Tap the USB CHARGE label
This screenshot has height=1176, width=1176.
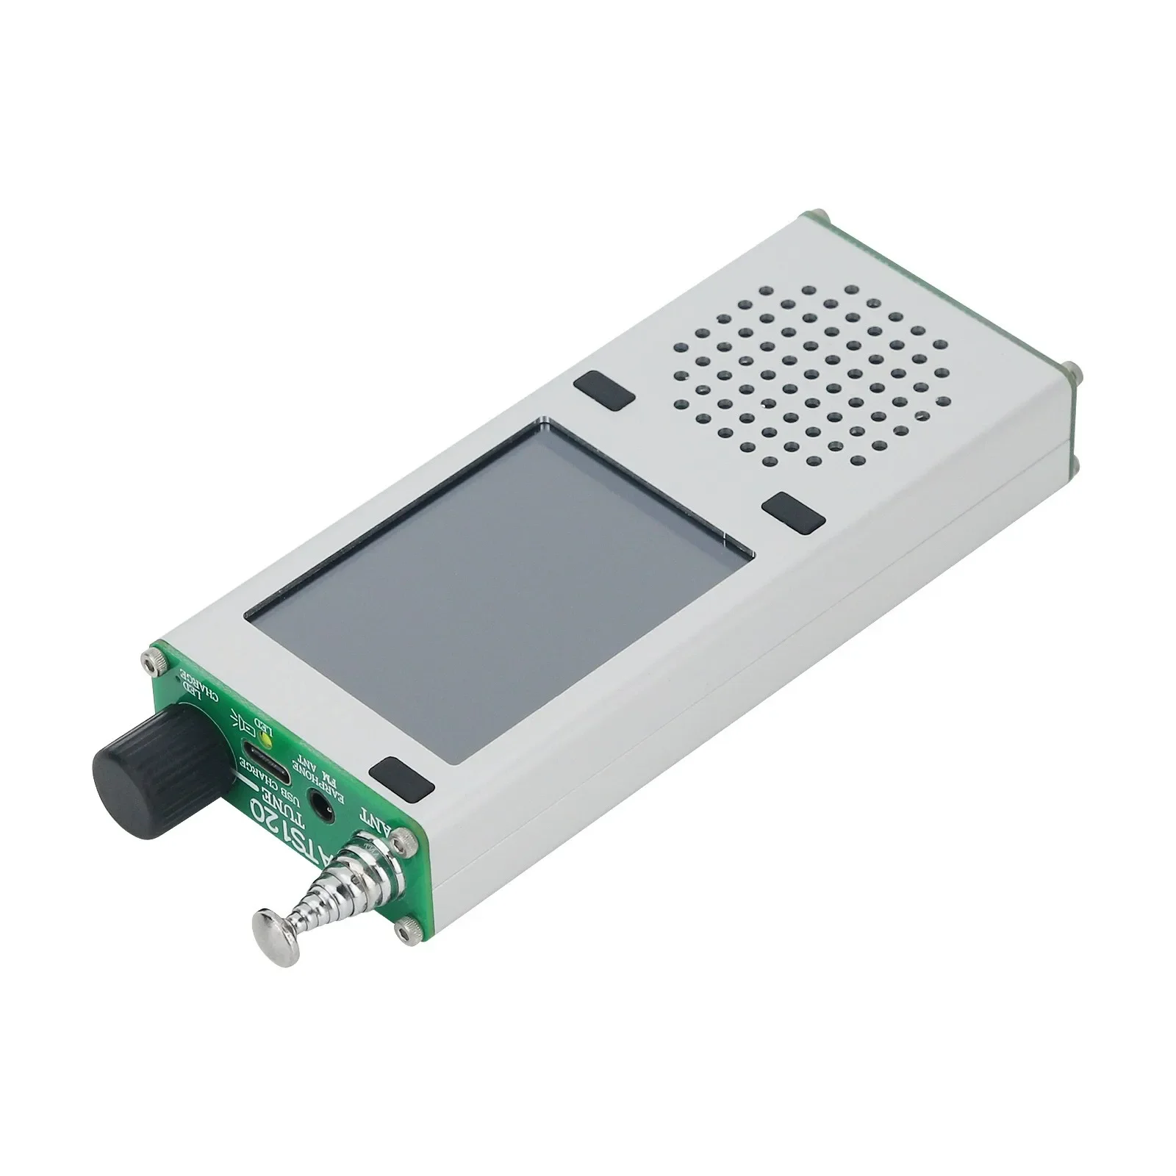pos(276,768)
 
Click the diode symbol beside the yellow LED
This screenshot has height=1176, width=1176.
pos(243,720)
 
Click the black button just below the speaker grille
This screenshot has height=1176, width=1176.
pos(792,512)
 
